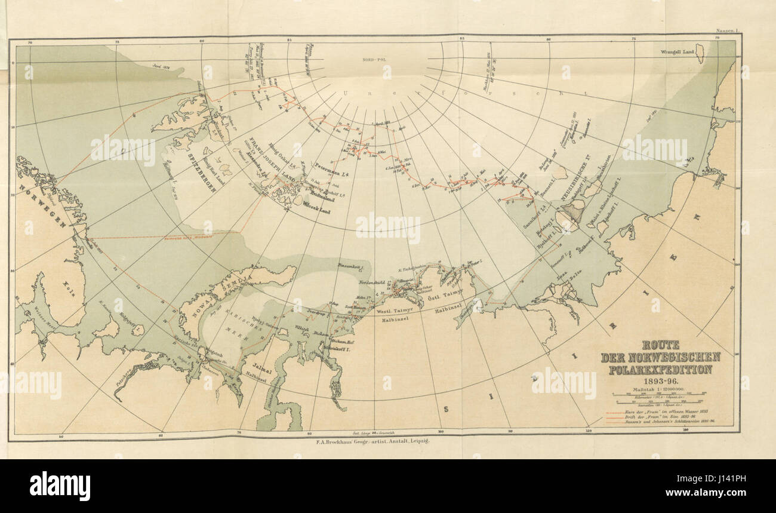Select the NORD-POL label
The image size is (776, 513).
(374, 60)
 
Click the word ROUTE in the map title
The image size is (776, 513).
(660, 345)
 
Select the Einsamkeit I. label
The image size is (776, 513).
(350, 264)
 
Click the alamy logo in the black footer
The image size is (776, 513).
(60, 486)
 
